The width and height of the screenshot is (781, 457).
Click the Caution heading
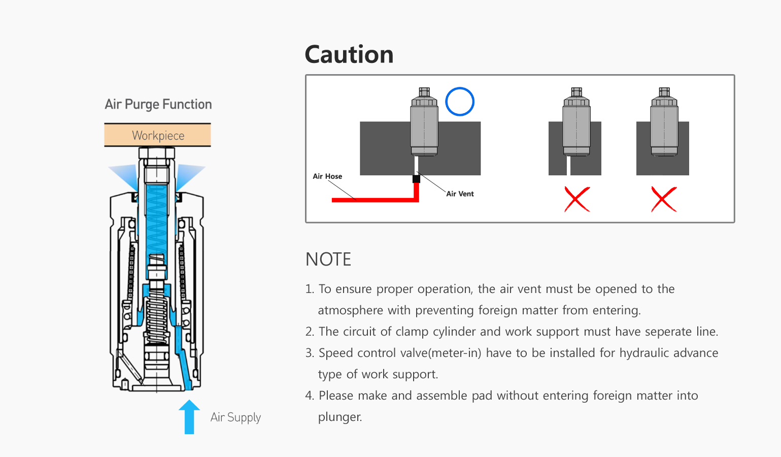pos(349,54)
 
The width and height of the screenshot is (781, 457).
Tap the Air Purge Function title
pos(158,104)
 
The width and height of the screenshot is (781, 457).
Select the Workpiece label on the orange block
pos(158,136)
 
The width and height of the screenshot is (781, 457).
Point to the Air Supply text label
pos(235,417)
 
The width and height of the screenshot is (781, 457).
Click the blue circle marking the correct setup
pos(460,102)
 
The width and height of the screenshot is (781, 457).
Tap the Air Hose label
pos(327,176)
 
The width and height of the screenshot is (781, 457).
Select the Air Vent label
pos(460,193)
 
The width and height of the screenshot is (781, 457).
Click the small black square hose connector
pos(416,179)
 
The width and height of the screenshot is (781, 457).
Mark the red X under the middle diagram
pos(577,199)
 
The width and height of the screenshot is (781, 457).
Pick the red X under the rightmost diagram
pos(664,199)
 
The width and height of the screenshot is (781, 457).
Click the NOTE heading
pos(328,259)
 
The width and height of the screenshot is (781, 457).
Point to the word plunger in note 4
pos(339,417)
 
